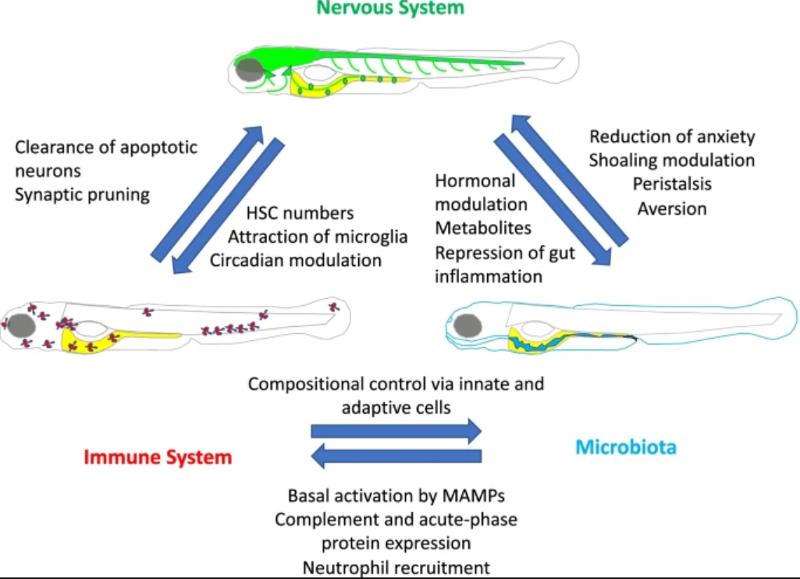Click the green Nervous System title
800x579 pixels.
(x=390, y=8)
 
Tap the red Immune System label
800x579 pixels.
(x=158, y=457)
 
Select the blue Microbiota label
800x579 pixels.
(x=626, y=447)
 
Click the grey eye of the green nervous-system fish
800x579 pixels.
(x=250, y=70)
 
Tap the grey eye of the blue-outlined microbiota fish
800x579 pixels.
(x=468, y=325)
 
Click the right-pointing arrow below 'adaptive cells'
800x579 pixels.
(x=396, y=431)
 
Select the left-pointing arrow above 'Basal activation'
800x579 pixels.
(x=396, y=456)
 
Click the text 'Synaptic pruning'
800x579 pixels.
(x=82, y=195)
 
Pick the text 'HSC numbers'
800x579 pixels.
(x=300, y=213)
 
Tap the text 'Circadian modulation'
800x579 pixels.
(x=296, y=260)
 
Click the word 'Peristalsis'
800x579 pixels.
(x=673, y=184)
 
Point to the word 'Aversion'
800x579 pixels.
(x=673, y=208)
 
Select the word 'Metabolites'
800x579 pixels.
(x=483, y=228)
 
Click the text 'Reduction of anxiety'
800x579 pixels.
(x=673, y=137)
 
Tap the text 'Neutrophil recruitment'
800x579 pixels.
(x=396, y=568)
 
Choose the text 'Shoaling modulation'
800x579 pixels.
(x=672, y=160)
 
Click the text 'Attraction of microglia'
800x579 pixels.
(x=318, y=236)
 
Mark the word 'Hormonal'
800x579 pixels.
(x=475, y=180)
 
